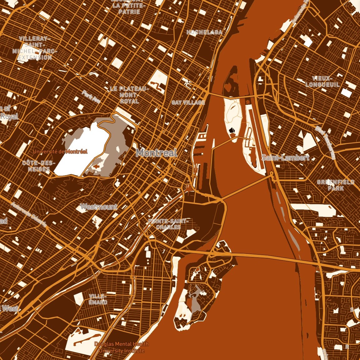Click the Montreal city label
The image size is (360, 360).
[x=156, y=153]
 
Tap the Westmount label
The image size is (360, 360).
[x=99, y=206]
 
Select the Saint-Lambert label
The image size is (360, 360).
[x=285, y=158]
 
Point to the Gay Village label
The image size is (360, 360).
[x=188, y=102]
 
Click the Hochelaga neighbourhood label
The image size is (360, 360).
[x=204, y=32]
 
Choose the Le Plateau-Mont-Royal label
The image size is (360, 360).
[x=129, y=95]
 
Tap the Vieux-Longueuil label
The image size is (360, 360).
[x=322, y=81]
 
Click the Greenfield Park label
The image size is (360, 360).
[x=336, y=185]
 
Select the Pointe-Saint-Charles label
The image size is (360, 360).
[x=168, y=224]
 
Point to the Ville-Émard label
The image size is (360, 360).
[x=98, y=299]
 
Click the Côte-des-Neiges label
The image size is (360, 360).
[x=39, y=166]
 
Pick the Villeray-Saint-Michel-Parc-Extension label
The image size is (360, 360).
[x=35, y=48]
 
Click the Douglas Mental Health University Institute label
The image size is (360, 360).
[x=121, y=347]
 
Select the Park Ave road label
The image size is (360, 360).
[x=91, y=97]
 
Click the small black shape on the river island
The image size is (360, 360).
[x=232, y=130]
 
